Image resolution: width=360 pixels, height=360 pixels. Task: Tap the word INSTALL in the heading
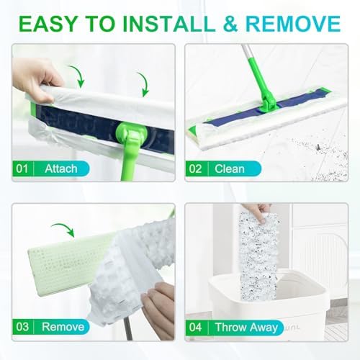click(169, 23)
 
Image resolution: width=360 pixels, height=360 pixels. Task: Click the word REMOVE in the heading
click(293, 23)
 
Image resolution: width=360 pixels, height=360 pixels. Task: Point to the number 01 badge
click(22, 168)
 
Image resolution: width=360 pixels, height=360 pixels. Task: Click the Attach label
click(61, 168)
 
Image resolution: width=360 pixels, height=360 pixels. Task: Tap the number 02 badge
click(195, 168)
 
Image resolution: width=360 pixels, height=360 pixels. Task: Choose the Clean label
click(230, 168)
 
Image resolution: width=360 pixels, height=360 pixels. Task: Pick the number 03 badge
click(22, 327)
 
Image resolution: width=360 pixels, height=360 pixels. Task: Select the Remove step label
click(63, 327)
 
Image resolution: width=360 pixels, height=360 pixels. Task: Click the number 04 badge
click(195, 327)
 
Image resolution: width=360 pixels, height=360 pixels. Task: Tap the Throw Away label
click(246, 327)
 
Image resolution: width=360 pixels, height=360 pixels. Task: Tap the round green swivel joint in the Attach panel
click(130, 132)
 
